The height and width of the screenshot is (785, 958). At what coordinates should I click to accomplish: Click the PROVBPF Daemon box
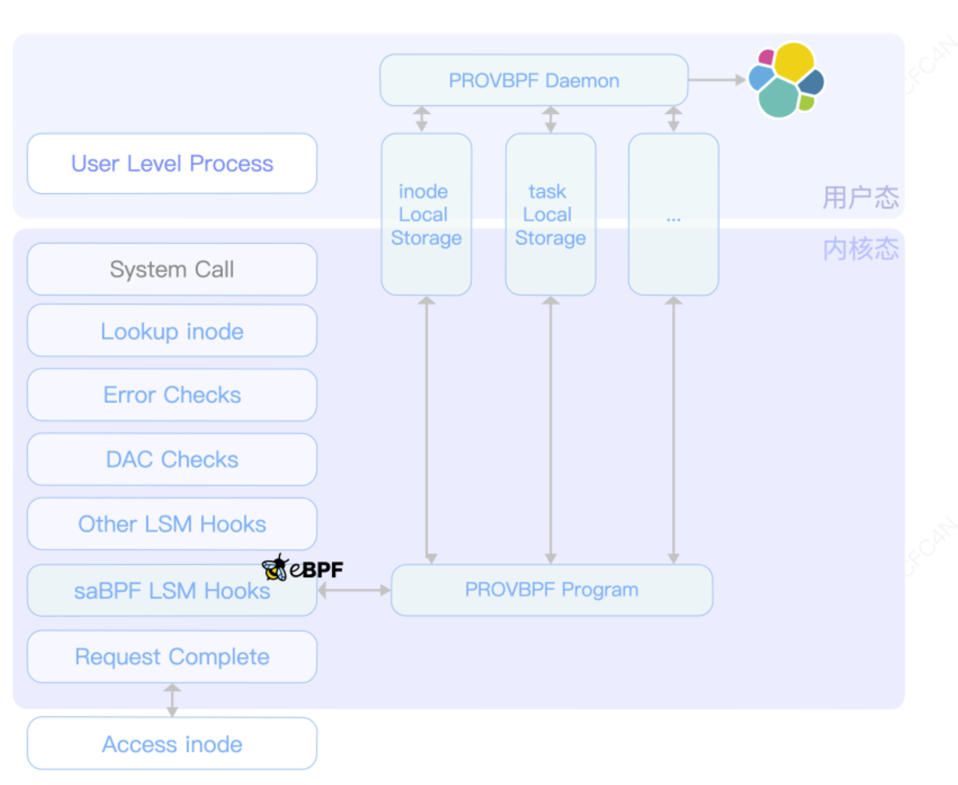(x=534, y=80)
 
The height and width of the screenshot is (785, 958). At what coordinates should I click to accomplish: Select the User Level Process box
(x=172, y=163)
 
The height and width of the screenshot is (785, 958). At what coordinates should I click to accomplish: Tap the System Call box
(x=172, y=269)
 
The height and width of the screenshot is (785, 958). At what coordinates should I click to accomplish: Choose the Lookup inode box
(x=172, y=331)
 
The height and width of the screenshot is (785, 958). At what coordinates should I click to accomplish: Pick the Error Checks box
(x=172, y=395)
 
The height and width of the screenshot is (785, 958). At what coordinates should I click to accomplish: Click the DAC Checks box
(x=172, y=459)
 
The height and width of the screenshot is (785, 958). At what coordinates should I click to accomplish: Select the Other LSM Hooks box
(x=172, y=524)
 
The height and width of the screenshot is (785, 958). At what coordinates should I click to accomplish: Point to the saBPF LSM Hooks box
(x=172, y=591)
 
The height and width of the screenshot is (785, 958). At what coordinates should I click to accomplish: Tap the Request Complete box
(x=172, y=656)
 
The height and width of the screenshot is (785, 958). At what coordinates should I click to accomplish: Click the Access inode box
(x=172, y=744)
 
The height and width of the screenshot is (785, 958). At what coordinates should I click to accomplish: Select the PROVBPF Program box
(x=552, y=589)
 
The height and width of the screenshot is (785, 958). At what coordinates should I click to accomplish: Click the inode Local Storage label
(x=426, y=214)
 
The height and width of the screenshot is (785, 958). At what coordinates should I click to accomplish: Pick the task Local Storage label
(x=550, y=214)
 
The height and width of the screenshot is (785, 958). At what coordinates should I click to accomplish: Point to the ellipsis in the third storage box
(x=673, y=219)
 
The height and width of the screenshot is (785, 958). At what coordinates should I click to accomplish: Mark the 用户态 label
(x=860, y=197)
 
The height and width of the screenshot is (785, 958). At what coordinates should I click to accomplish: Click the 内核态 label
(x=860, y=249)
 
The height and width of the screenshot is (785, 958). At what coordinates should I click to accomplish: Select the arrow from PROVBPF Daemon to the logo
(x=716, y=80)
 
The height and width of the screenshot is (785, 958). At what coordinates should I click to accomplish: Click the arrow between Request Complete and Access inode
(x=172, y=700)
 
